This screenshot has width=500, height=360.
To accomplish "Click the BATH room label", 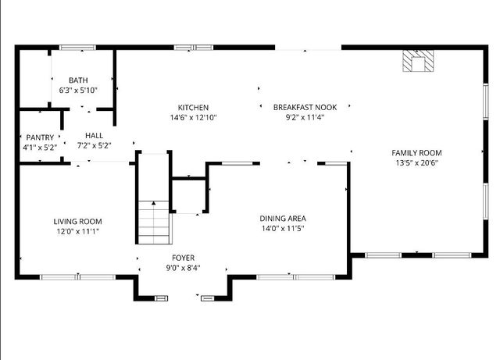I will [x=78, y=80].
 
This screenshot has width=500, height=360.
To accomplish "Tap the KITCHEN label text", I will [x=193, y=108].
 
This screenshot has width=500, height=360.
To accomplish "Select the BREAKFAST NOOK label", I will [x=305, y=108].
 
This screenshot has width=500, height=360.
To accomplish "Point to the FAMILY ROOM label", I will [x=416, y=153].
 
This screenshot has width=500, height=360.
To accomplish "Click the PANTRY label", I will [x=39, y=137].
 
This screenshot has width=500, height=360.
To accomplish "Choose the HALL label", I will [x=95, y=136].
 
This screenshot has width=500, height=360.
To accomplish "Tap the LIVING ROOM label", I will [x=77, y=222].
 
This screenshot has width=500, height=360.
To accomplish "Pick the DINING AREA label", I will [x=283, y=219].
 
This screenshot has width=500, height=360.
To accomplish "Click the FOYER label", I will [x=184, y=258].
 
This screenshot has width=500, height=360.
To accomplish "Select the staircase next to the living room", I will [x=154, y=221].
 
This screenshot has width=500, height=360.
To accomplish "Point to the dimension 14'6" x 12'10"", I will [x=193, y=118].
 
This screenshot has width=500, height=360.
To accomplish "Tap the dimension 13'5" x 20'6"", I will [x=416, y=163].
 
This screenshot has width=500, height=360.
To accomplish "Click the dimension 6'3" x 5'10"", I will [x=78, y=91].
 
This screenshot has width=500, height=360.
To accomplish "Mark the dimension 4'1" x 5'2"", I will [x=39, y=147].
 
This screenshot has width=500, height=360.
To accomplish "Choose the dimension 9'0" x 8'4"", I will [x=184, y=268].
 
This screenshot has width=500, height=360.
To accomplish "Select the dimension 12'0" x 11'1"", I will [x=77, y=231].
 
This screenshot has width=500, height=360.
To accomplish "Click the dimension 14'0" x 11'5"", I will [x=283, y=229].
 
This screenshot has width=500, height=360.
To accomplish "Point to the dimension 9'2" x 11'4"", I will [x=305, y=118].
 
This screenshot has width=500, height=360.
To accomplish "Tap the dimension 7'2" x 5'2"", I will [x=95, y=145].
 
